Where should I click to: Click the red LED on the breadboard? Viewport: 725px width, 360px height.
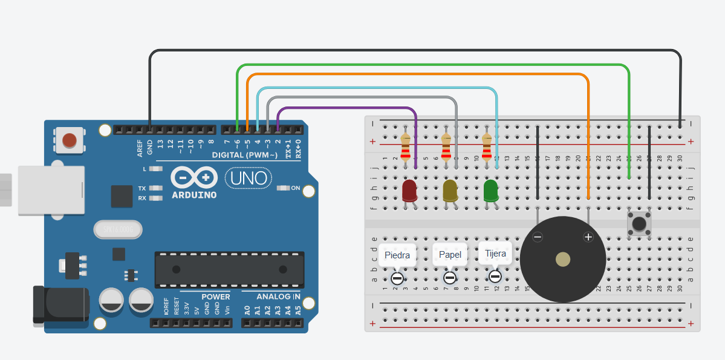[x=409, y=190]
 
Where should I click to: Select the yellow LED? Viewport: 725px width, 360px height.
[x=450, y=190]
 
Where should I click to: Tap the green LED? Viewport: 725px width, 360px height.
[x=490, y=190]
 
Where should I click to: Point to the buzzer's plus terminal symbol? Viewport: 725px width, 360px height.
[x=588, y=237]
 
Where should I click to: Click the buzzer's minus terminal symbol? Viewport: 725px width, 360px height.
[x=538, y=237]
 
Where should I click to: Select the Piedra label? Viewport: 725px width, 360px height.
[x=397, y=255]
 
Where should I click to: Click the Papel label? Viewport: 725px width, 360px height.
[x=450, y=255]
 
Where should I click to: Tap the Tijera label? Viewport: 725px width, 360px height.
[x=495, y=254]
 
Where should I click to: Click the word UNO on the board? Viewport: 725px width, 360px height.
[x=249, y=178]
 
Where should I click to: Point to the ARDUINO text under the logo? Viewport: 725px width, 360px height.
[x=194, y=195]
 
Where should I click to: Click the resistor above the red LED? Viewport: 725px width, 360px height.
[x=406, y=147]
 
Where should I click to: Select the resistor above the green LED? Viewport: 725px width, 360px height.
[x=487, y=147]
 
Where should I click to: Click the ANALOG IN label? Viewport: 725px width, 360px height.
[x=278, y=296]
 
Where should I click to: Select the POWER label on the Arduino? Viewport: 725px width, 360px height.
[x=215, y=296]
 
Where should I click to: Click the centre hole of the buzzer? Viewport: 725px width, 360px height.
[x=563, y=260]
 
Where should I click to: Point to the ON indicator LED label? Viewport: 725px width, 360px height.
[x=296, y=188]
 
